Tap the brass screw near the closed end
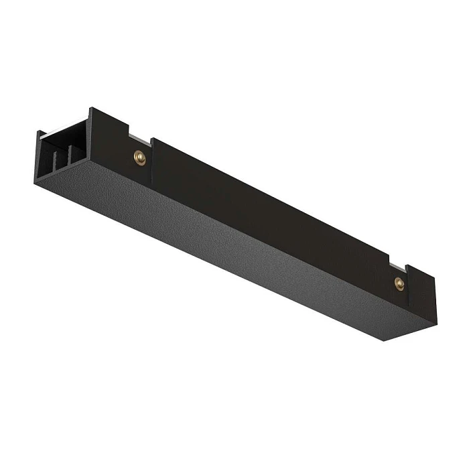(x=399, y=283)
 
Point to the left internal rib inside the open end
(x=52, y=161)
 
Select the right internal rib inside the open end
(x=66, y=158)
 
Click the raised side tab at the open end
(x=100, y=134)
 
